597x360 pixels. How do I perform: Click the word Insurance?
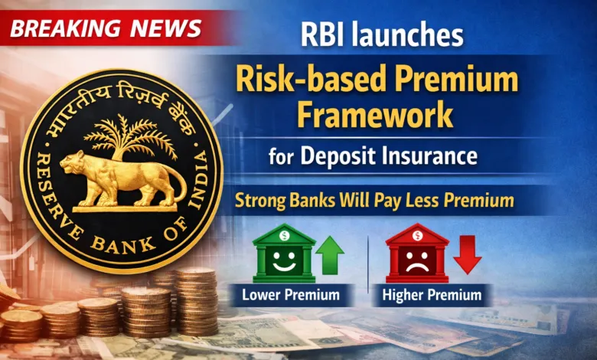click(x=432, y=158)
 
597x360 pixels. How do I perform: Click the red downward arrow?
click(x=467, y=254)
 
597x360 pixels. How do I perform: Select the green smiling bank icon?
click(x=284, y=254)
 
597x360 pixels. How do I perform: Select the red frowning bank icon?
click(x=417, y=254)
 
